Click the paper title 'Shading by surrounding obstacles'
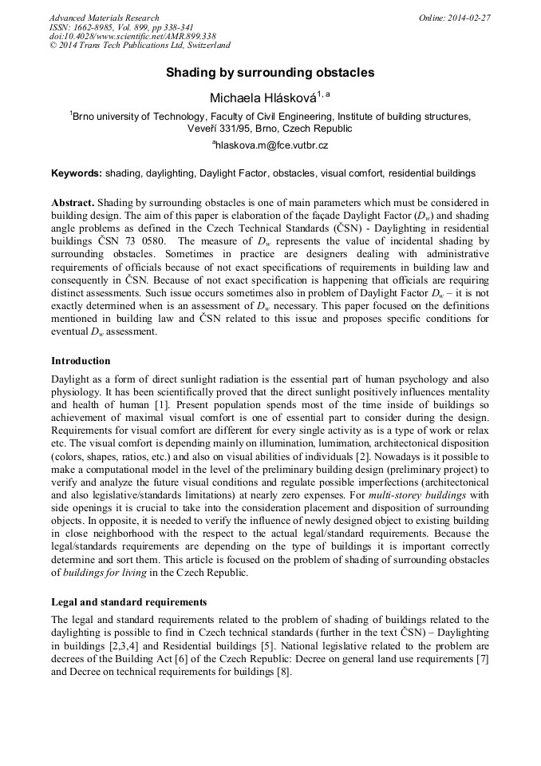[270, 73]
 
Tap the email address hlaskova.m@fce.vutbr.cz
[271, 145]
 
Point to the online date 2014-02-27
[470, 18]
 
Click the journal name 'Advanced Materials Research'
[104, 18]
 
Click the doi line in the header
[132, 37]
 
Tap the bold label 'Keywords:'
[77, 173]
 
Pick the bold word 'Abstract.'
[73, 203]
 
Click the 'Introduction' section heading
[81, 361]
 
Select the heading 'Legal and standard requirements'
[128, 601]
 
